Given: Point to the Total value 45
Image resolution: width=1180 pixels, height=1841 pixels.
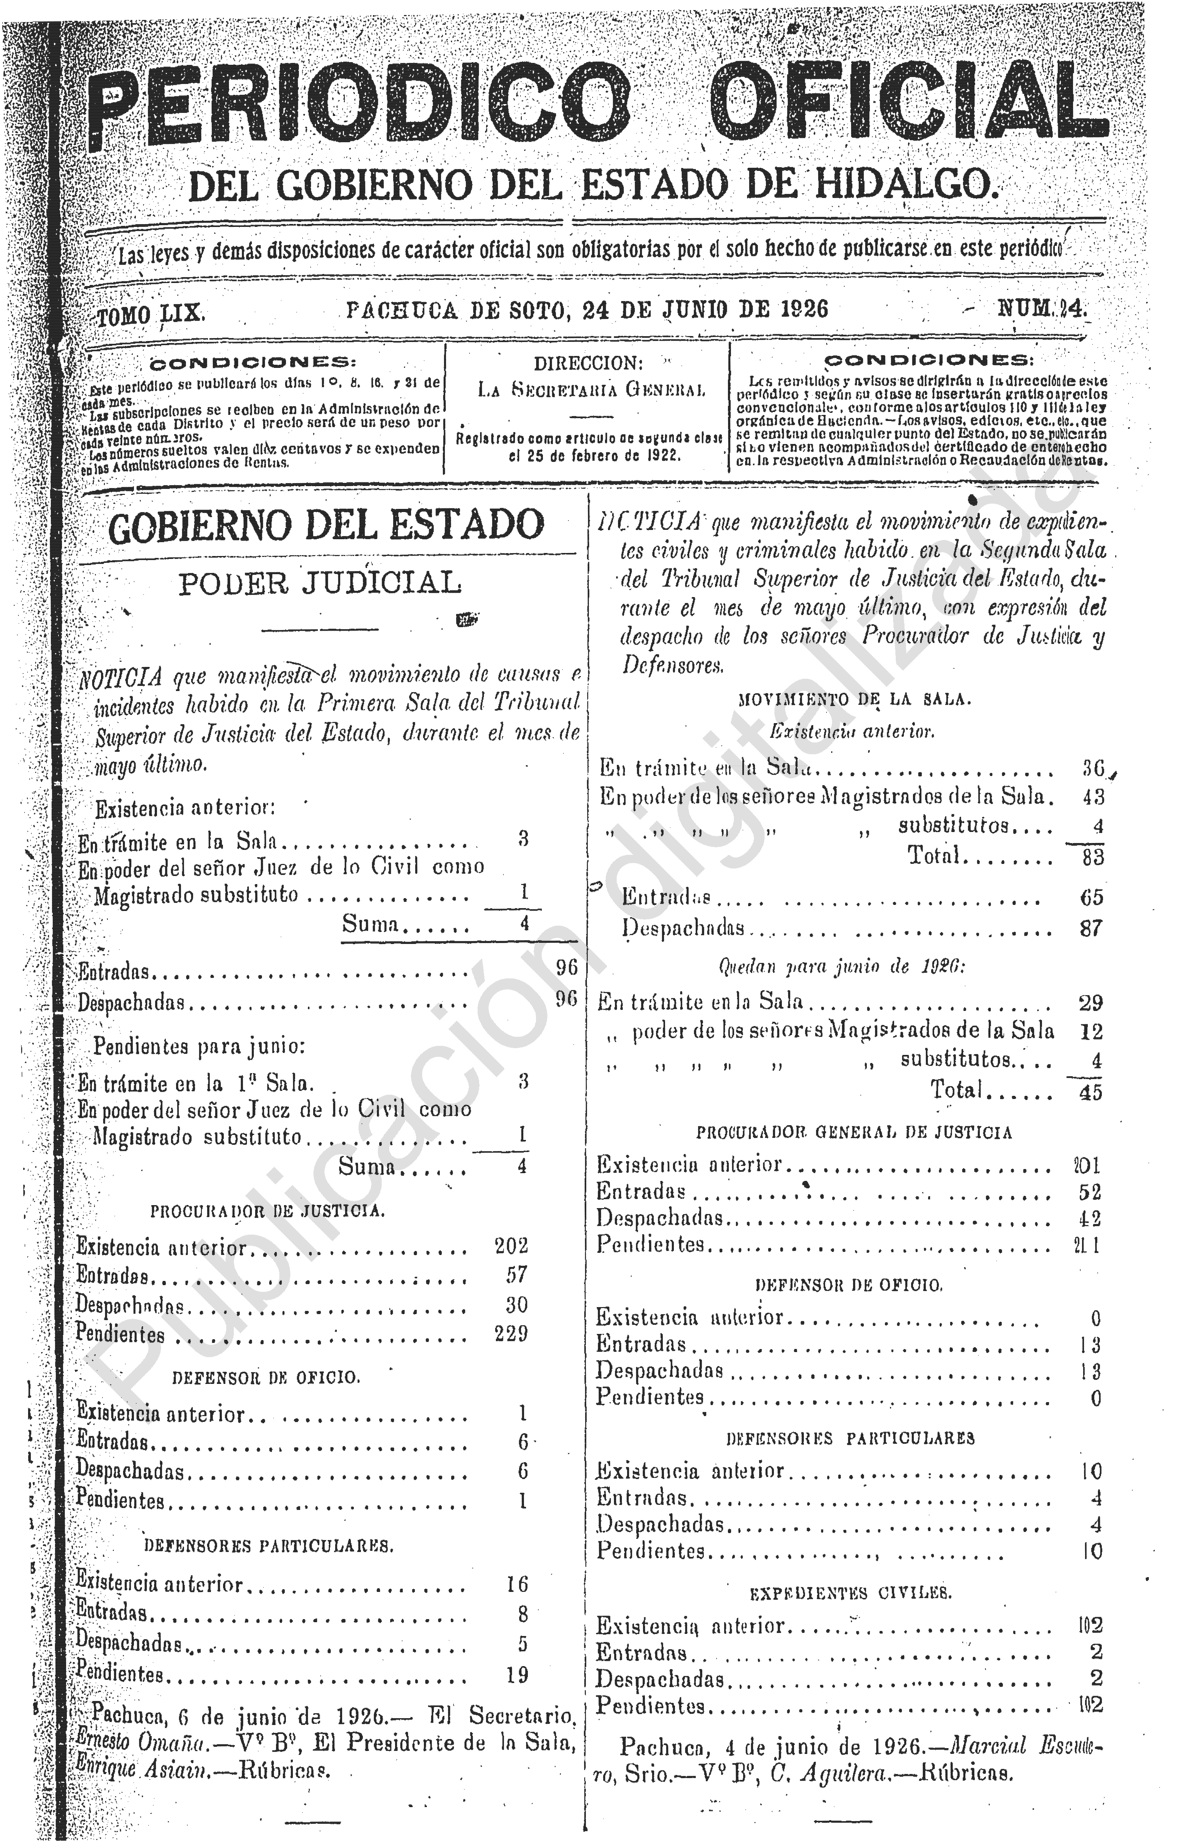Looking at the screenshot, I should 1090,1092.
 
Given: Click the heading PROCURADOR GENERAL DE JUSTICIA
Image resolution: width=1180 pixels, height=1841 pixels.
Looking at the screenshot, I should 854,1132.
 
